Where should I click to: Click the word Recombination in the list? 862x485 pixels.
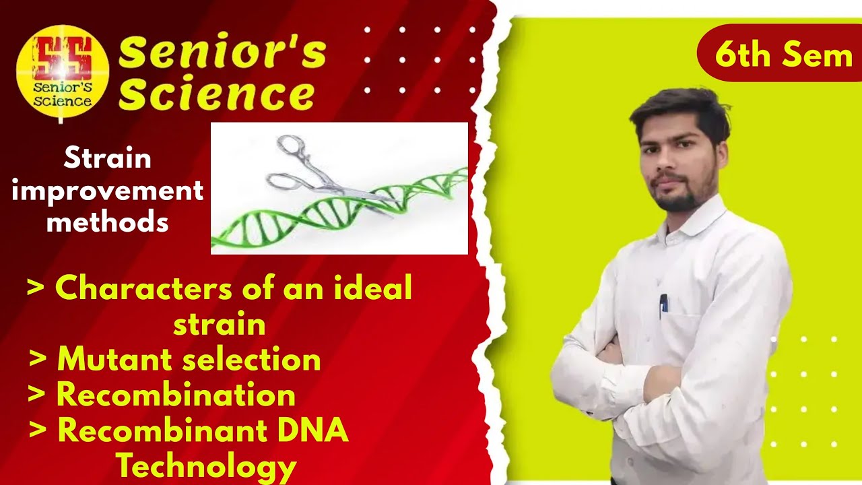pyautogui.click(x=176, y=395)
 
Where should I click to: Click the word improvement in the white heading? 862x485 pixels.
pyautogui.click(x=108, y=191)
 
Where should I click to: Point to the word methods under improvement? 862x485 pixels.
pyautogui.click(x=108, y=220)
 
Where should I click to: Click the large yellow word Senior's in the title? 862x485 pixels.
pyautogui.click(x=222, y=53)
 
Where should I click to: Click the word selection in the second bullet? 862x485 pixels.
pyautogui.click(x=257, y=359)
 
